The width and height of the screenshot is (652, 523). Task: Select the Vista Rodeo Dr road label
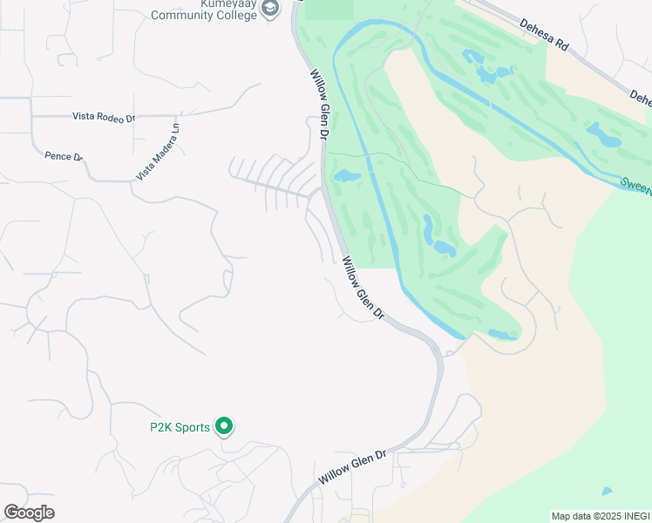pyautogui.click(x=104, y=116)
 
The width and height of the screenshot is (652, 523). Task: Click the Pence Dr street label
pyautogui.click(x=63, y=156)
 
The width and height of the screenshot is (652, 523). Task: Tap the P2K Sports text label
pyautogui.click(x=180, y=427)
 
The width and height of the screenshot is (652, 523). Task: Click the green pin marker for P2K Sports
pyautogui.click(x=224, y=426)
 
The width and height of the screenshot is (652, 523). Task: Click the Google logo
pyautogui.click(x=29, y=512)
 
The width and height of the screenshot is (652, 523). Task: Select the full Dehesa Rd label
pyautogui.click(x=544, y=37)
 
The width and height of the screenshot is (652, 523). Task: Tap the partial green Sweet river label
pyautogui.click(x=635, y=185)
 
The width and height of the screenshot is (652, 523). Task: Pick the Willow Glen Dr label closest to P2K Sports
pyautogui.click(x=352, y=468)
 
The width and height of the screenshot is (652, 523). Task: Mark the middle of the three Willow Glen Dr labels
pyautogui.click(x=363, y=289)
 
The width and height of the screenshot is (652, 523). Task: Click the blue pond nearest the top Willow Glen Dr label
pyautogui.click(x=346, y=176)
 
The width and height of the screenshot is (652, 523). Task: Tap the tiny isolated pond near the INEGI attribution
pyautogui.click(x=606, y=491)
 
